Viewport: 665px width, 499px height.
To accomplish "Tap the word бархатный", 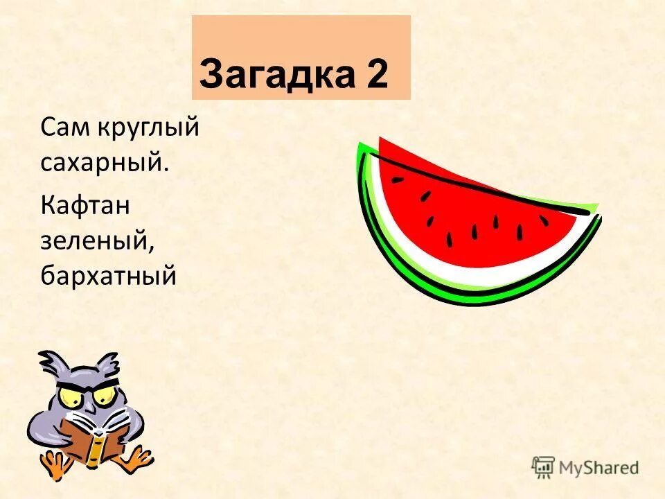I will (109, 276).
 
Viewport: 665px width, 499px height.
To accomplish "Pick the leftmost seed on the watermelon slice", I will (397, 180).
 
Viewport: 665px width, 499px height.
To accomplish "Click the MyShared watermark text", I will (599, 468).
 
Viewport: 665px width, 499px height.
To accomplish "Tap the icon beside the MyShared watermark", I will (542, 467).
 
